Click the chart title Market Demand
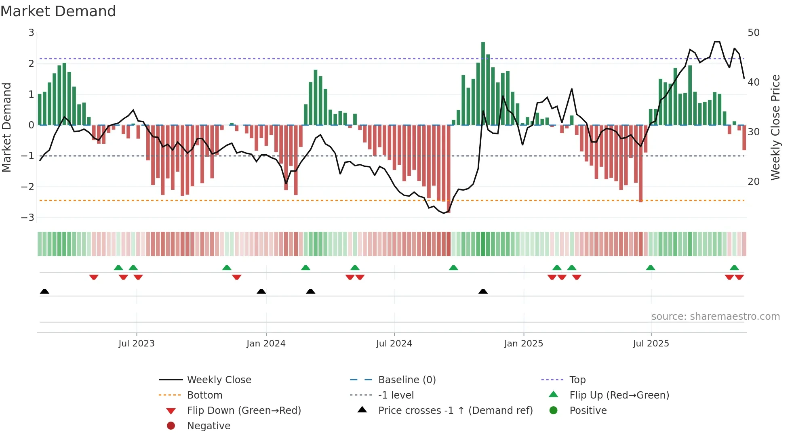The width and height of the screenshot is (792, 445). click(58, 11)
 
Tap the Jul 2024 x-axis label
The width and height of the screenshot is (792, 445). click(394, 344)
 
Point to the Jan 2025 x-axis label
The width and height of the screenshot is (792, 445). click(524, 344)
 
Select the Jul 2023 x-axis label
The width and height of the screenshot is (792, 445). click(137, 344)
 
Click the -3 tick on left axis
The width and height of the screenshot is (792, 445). click(28, 218)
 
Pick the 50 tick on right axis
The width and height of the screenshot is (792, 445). click(754, 33)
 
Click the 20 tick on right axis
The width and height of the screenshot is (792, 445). click(754, 182)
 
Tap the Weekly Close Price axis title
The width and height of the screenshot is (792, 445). click(775, 127)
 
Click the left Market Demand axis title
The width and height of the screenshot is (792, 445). click(7, 127)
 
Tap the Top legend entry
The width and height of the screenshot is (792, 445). click(577, 380)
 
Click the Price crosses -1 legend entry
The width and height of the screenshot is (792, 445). click(455, 411)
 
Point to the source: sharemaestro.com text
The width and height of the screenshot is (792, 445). click(715, 317)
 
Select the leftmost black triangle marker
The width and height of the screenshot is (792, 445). click(44, 291)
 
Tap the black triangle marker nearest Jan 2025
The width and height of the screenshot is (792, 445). click(483, 291)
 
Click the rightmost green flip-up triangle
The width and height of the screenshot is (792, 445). click(734, 268)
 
